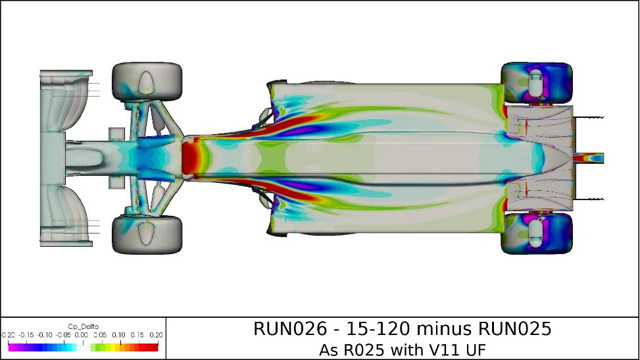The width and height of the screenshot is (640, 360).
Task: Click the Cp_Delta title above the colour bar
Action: point(83,326)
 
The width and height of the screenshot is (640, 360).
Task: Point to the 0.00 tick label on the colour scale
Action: point(82,334)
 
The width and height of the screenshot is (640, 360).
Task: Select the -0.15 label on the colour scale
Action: point(26,334)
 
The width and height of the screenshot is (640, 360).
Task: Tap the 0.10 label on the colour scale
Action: point(119,334)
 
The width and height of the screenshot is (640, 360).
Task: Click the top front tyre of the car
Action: point(147,82)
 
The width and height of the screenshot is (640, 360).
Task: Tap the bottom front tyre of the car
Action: point(147,234)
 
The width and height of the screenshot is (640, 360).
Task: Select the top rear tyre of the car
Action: point(537,83)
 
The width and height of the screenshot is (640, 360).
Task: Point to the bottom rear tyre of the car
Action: point(537,233)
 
